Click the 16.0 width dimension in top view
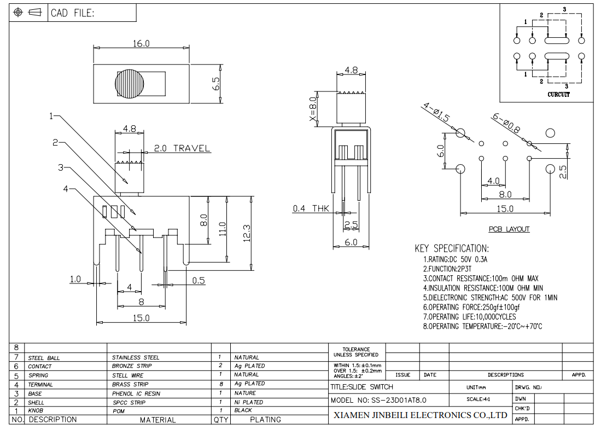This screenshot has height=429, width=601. tap(141, 44)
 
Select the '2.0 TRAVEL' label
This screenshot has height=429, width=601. tap(182, 148)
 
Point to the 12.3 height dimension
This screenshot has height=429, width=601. tap(247, 233)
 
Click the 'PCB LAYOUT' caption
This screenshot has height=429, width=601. tap(509, 229)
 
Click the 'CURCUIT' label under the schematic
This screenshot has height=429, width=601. tap(558, 94)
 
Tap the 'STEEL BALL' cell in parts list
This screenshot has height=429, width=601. tap(44, 358)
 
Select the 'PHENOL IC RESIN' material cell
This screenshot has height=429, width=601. tap(136, 393)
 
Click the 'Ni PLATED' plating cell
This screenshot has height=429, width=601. tap(249, 402)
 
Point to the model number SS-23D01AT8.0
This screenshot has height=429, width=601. tap(399, 400)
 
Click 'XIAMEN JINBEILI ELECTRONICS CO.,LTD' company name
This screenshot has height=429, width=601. tap(421, 415)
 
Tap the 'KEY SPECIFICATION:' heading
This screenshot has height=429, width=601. tap(452, 248)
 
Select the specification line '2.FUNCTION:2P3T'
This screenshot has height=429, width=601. tap(447, 269)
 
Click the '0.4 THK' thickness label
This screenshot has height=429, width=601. tap(311, 208)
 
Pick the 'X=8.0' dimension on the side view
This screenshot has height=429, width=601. tap(313, 111)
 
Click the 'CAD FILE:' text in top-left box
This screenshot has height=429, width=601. tap(72, 13)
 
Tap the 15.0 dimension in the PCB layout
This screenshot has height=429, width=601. tap(505, 209)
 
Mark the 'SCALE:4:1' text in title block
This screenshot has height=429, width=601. tap(479, 399)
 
